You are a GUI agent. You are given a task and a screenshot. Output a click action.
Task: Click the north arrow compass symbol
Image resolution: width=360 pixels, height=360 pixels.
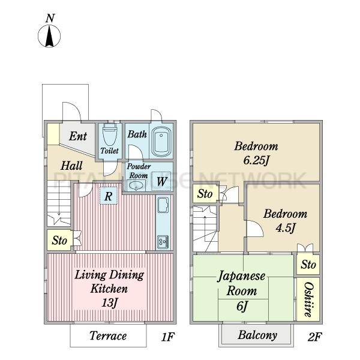tap(49, 36)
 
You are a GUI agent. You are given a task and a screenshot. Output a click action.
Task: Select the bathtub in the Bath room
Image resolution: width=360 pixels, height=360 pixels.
tap(161, 141)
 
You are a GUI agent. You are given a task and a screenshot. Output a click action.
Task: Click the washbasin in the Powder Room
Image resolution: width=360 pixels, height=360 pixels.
tap(136, 185)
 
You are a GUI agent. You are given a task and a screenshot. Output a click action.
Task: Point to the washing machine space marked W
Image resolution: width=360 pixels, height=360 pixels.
tap(161, 181)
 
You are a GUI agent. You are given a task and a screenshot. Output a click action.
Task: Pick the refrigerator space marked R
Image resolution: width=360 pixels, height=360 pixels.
tap(109, 196)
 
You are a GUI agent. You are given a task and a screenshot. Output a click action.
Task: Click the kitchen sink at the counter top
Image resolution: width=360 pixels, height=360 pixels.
tap(163, 205)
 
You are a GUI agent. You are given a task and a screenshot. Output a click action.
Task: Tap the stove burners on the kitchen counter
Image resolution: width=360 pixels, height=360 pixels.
tap(163, 242)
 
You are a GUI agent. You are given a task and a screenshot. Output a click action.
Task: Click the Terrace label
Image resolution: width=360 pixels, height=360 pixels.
tap(108, 335)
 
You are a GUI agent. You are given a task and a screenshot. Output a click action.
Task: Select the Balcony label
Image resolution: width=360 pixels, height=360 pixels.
tap(257, 335)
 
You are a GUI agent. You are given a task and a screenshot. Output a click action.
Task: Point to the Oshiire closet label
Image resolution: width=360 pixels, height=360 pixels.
tap(308, 299)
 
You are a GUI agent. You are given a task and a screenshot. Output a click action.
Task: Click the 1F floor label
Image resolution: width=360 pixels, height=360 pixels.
tap(167, 337)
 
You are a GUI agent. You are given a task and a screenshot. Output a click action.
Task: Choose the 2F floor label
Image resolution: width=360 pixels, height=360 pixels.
tap(314, 337)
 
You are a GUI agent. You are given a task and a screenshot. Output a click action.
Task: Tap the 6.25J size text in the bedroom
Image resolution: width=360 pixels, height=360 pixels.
tap(256, 160)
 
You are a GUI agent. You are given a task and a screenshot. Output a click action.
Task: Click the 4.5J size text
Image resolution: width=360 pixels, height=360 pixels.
tap(286, 228)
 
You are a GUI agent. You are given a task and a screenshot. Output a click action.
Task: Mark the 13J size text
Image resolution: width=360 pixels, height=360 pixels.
tap(109, 302)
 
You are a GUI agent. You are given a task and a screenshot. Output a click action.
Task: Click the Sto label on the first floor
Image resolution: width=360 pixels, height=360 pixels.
tap(59, 241)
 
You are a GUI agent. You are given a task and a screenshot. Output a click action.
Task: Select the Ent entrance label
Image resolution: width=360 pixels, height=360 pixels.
tap(78, 136)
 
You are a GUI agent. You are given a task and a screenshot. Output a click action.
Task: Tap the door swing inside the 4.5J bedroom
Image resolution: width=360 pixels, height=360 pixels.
tap(255, 229)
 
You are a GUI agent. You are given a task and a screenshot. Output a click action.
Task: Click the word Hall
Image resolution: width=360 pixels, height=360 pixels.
tap(71, 166)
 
